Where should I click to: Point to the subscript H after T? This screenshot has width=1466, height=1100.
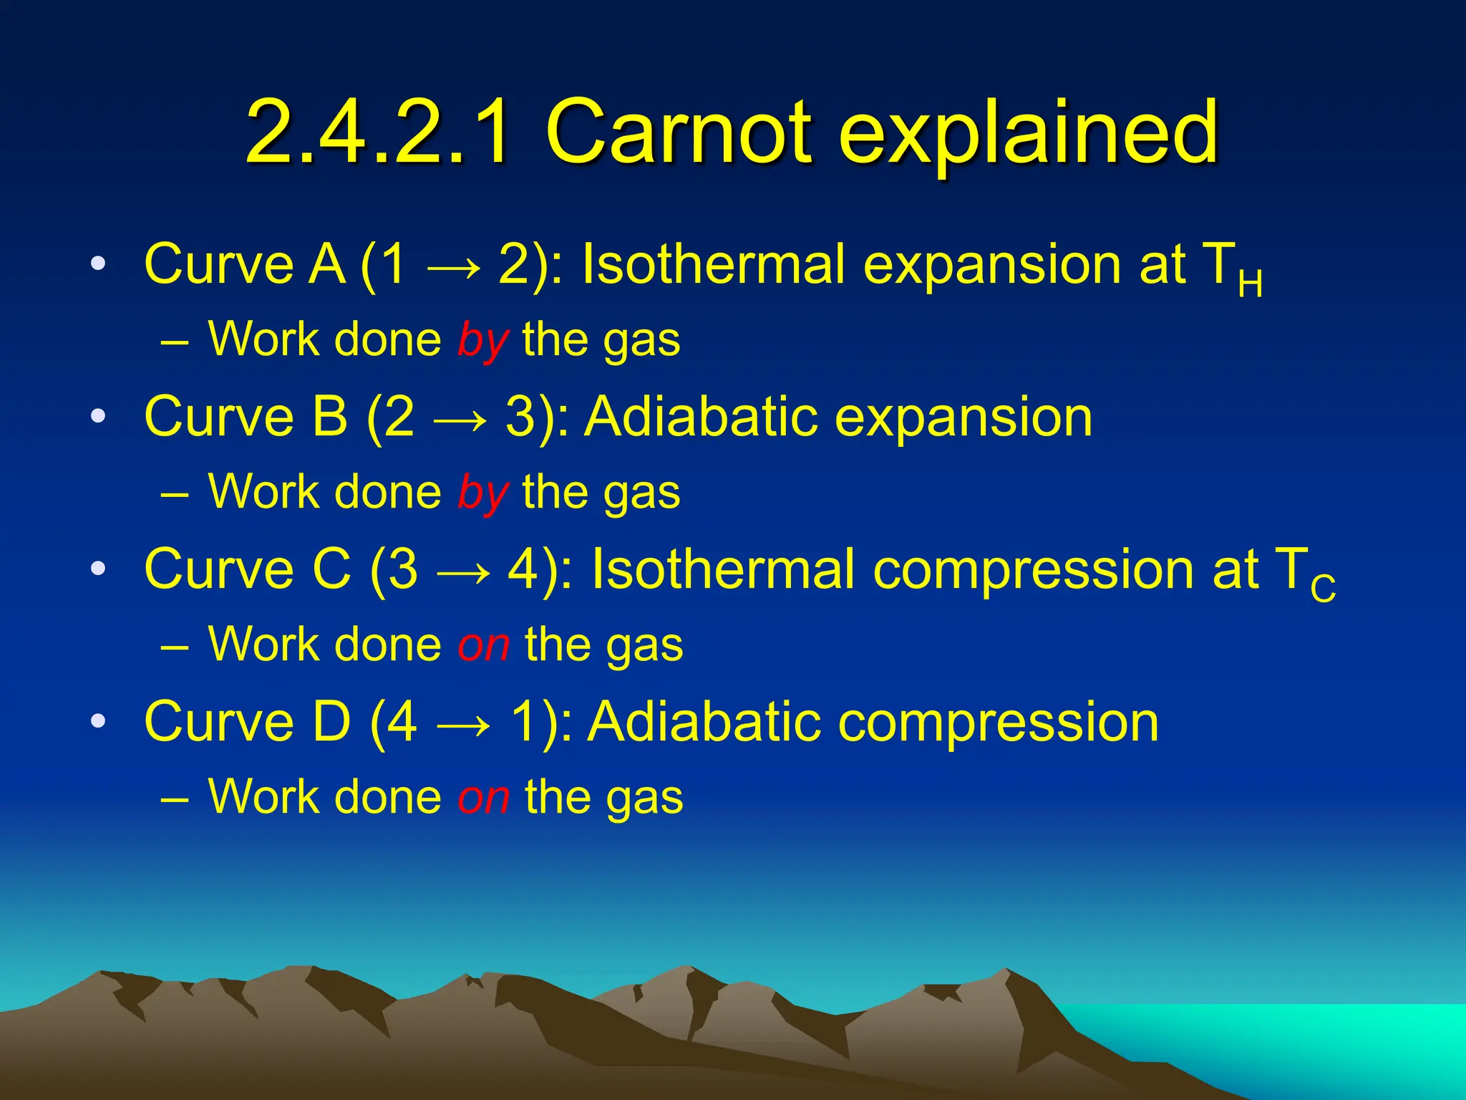pos(1250,284)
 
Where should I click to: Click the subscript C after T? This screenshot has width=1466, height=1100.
pos(1323,589)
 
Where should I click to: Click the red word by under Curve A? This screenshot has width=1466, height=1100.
pos(482,341)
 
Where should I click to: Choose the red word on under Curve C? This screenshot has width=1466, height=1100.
pos(484,645)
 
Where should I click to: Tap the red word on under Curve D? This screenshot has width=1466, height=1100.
pos(484,797)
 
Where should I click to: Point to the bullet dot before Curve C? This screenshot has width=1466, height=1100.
pos(98,569)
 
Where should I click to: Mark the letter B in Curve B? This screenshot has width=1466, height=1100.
pos(331,416)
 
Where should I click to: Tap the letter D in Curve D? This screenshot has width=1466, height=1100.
pos(332,721)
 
